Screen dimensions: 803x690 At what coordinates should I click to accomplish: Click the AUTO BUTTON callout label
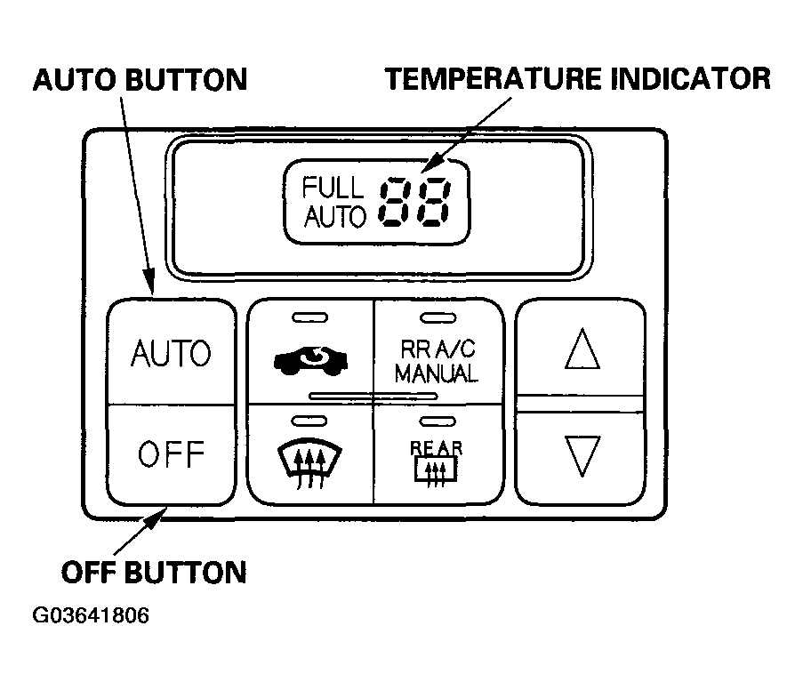click(x=140, y=80)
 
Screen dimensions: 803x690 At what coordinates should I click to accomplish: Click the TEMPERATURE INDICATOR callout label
click(x=578, y=79)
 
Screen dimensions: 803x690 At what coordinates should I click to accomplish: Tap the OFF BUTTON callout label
click(x=154, y=572)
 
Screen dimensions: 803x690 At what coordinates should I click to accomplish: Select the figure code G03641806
click(x=91, y=614)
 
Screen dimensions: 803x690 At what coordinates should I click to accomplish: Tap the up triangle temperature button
click(x=582, y=349)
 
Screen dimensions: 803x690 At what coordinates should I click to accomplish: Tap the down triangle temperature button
click(x=582, y=455)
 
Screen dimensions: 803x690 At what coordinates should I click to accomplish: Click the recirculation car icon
click(x=311, y=360)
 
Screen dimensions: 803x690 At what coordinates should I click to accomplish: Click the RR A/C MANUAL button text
click(x=437, y=362)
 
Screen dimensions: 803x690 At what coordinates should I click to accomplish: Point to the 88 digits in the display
click(x=415, y=201)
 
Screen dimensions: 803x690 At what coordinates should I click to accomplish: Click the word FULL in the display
click(x=333, y=188)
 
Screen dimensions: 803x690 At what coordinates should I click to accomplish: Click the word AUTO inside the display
click(x=335, y=216)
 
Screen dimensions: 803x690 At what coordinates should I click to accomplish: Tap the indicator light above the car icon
click(x=309, y=318)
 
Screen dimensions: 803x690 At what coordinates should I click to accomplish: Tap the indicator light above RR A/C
click(x=438, y=318)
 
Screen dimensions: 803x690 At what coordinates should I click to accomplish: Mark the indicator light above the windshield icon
click(x=309, y=421)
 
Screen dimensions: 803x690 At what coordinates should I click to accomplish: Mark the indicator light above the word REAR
click(x=438, y=421)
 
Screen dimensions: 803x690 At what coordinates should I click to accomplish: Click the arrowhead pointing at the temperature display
click(x=430, y=164)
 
